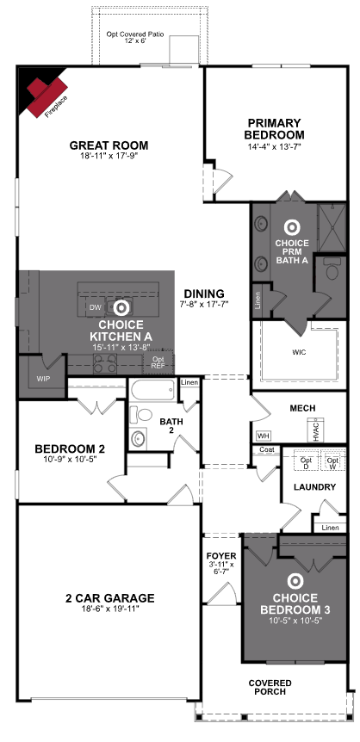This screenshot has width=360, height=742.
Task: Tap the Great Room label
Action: coord(109,145)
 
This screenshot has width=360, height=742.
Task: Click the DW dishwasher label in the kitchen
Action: coord(96,307)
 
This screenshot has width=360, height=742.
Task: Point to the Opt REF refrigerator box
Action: coord(158,362)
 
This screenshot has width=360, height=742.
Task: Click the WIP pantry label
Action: coord(43,379)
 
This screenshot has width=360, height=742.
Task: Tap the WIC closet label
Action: coord(299,352)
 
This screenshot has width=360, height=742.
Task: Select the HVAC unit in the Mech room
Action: coord(316,430)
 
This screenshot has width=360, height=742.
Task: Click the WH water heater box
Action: coord(262,435)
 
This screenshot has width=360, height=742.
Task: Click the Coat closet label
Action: coord(266,449)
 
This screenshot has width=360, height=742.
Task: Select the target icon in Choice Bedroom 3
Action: coord(295,582)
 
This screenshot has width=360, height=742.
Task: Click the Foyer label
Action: coord(220,555)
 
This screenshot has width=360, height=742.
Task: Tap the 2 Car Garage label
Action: coord(110,598)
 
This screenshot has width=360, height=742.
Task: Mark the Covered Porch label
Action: coord(270,687)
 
